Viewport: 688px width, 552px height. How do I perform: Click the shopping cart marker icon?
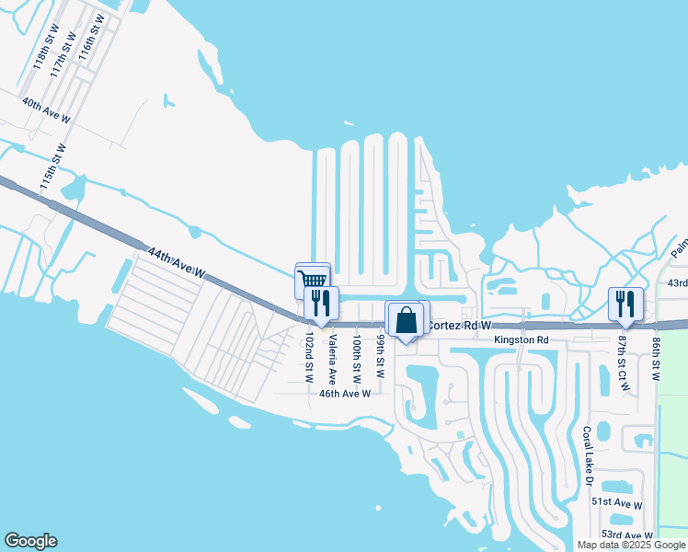[313, 280]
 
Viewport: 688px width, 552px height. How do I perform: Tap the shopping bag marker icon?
[406, 321]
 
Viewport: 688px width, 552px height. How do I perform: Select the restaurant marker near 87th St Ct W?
[625, 303]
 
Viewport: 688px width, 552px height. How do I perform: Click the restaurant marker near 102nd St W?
[321, 303]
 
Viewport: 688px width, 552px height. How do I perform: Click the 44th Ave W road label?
[176, 263]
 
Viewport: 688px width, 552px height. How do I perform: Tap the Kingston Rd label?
[521, 340]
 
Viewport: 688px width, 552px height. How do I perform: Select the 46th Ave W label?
[344, 393]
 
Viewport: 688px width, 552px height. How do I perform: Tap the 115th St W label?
[53, 167]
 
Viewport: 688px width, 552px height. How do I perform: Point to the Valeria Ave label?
[332, 354]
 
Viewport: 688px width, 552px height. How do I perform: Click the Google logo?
[30, 541]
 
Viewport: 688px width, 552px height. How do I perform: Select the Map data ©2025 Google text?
[630, 545]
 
